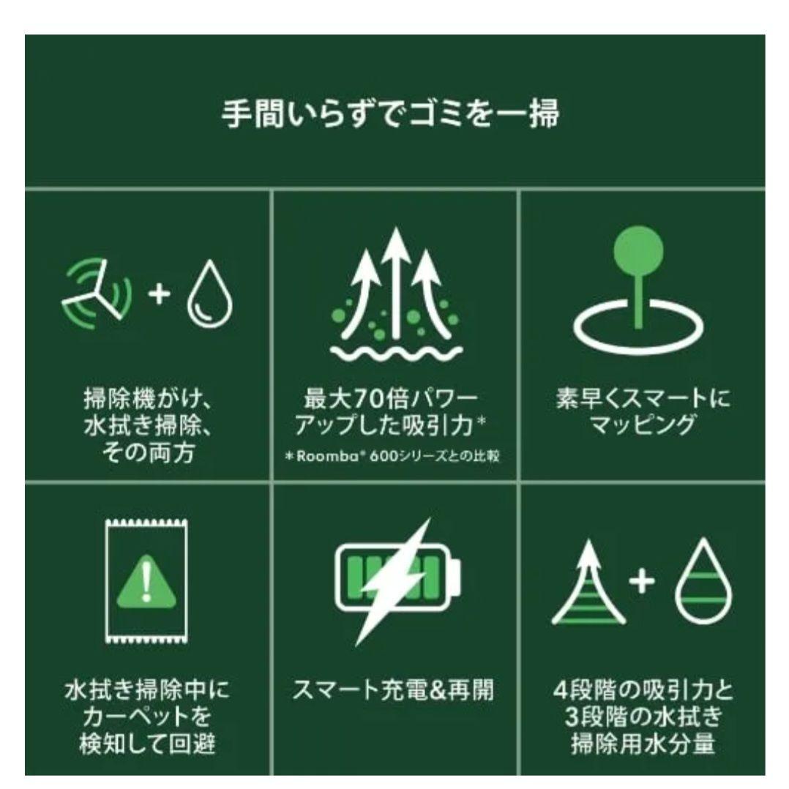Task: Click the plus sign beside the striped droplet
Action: (642, 581)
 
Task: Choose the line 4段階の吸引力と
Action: (642, 689)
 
